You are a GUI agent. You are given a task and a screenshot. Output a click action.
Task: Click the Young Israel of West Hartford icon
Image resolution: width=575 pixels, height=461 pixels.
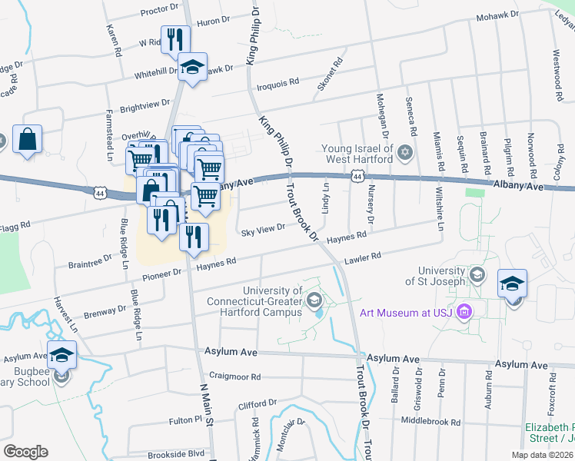[x=406, y=152]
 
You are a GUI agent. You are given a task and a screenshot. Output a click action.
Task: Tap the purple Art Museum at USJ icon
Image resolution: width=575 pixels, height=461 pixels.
[x=464, y=313]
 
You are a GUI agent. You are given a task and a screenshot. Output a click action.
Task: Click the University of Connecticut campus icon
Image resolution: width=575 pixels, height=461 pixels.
[x=314, y=299]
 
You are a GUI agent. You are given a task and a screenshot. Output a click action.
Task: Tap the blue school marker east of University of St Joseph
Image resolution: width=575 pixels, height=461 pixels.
[x=512, y=284]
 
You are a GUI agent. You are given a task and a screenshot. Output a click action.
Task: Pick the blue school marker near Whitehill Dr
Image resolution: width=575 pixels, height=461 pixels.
[x=192, y=66]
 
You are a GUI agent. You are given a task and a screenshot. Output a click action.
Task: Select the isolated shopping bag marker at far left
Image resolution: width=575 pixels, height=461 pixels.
[x=27, y=140]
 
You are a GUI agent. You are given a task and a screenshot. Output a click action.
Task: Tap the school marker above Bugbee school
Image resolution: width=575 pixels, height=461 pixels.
[x=62, y=356]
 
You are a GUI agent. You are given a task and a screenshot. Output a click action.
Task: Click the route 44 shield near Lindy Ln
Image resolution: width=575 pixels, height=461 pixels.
[x=357, y=177]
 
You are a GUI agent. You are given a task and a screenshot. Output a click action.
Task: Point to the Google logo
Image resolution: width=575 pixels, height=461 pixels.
[x=25, y=451]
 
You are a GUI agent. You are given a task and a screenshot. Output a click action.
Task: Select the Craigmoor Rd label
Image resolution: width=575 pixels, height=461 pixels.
[x=235, y=377]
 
